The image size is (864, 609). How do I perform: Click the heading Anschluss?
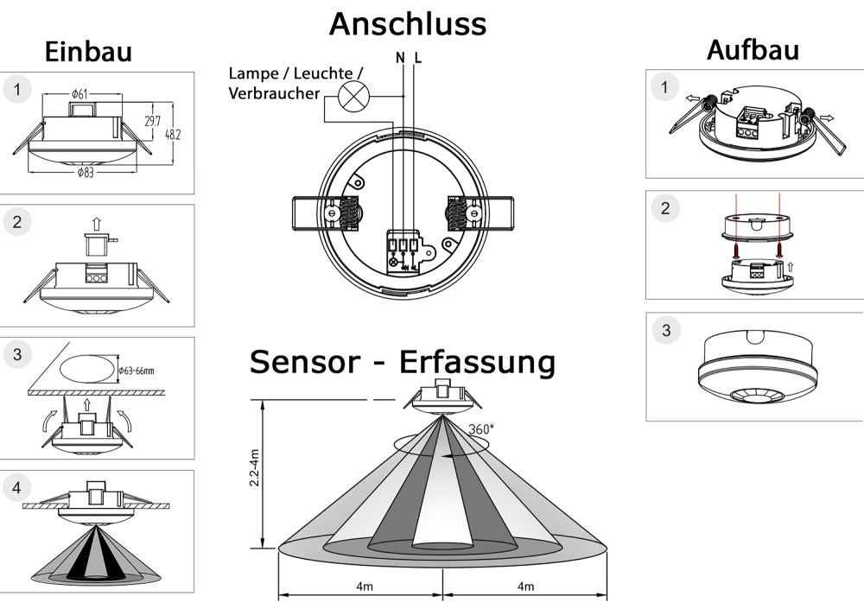click(407, 23)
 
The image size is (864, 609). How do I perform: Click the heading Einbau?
click(88, 51)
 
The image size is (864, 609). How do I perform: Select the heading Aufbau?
click(753, 49)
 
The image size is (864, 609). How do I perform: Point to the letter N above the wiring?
click(400, 59)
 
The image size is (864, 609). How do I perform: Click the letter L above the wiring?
click(418, 59)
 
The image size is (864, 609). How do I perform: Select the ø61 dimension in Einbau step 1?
click(79, 93)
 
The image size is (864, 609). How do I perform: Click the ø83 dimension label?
click(85, 172)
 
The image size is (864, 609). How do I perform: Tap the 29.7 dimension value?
click(152, 123)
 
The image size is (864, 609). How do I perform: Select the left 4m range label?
click(364, 587)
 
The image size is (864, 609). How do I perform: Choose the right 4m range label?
click(524, 587)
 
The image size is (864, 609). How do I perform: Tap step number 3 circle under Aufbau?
click(664, 330)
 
